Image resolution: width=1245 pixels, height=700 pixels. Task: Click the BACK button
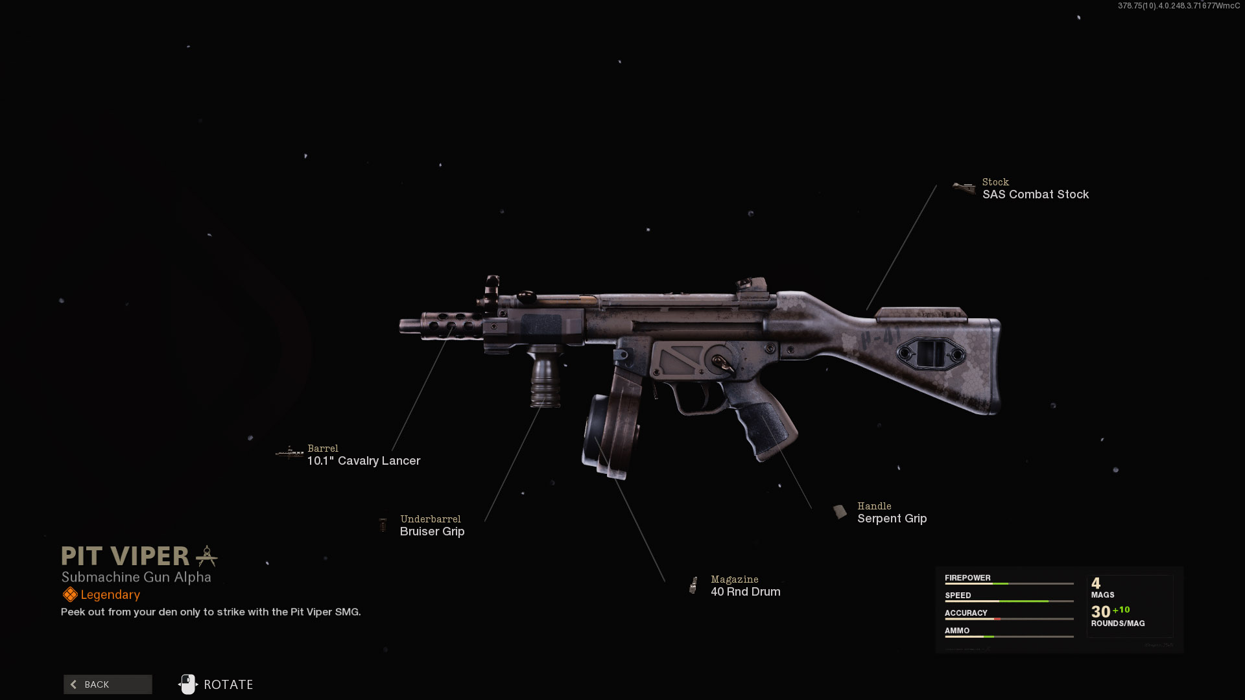click(x=108, y=684)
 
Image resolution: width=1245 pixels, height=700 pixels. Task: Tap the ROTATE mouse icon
click(x=188, y=684)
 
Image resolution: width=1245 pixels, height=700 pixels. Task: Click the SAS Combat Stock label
click(x=1035, y=194)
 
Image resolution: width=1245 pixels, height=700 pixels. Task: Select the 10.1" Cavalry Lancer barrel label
click(x=363, y=461)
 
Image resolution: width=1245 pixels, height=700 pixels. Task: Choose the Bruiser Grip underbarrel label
click(x=432, y=531)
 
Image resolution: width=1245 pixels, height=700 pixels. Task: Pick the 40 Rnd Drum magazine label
click(x=745, y=592)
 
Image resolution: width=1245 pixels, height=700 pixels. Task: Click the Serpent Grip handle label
click(x=892, y=519)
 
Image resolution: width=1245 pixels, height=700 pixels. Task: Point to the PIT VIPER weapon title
click(x=125, y=556)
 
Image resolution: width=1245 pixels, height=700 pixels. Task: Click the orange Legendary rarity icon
click(x=70, y=594)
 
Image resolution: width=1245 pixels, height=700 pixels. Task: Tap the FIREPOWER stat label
click(x=967, y=577)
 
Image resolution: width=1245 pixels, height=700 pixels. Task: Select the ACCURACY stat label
click(x=966, y=612)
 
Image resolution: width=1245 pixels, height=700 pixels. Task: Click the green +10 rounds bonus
click(x=1121, y=610)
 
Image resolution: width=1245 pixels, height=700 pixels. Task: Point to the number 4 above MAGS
click(x=1096, y=583)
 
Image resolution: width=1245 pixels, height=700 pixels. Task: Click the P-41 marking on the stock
click(x=881, y=338)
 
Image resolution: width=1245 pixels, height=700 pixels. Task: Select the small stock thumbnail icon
click(x=964, y=189)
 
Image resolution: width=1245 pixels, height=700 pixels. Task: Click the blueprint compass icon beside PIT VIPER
click(x=207, y=555)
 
